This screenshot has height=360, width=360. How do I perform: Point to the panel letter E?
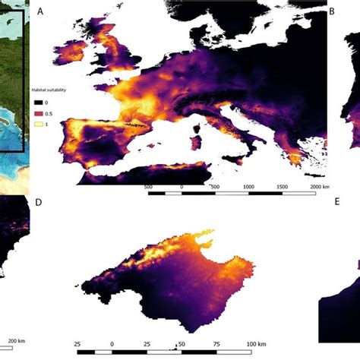coord(336,204)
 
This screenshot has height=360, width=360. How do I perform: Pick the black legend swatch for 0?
coord(36,102)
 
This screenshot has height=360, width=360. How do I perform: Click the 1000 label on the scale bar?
coord(248,186)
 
